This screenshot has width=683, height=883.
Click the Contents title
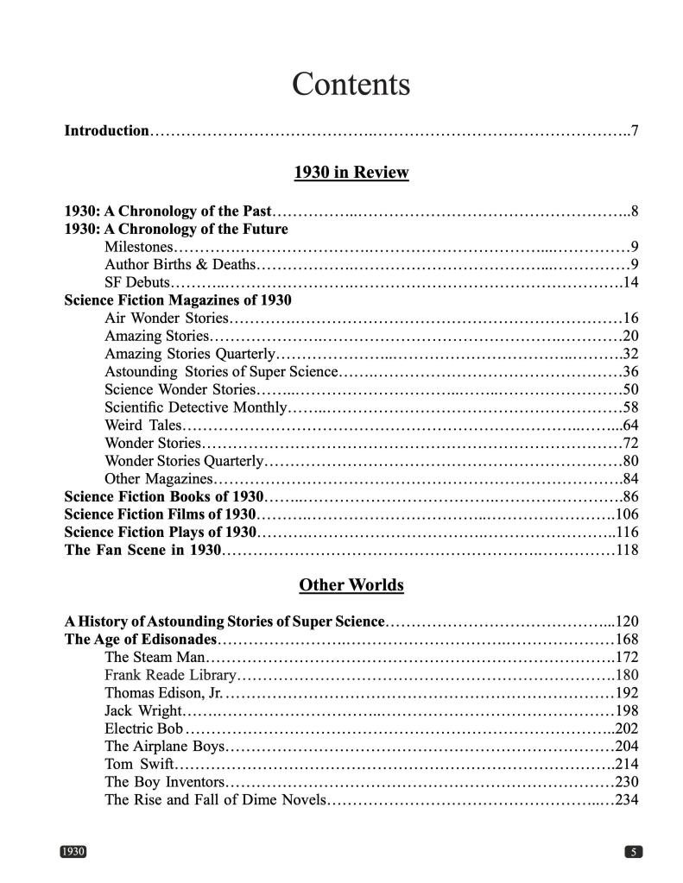pos(351,85)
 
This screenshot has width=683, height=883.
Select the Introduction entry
pos(107,131)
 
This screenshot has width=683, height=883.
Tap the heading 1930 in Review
pos(351,173)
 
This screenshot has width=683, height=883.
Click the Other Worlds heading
pos(351,585)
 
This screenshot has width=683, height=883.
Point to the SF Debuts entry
pos(137,282)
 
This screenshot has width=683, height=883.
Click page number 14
pos(630,282)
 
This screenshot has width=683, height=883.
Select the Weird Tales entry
pos(142,425)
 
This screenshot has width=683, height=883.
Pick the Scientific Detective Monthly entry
pos(195,407)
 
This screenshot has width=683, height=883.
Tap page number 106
pos(626,514)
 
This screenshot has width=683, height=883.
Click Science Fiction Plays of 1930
pos(161,532)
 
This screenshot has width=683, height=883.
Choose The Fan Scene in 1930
pos(143,550)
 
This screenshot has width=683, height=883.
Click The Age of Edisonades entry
pos(141,640)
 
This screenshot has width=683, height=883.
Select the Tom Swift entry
pos(139,764)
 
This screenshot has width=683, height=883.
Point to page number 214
pos(626,764)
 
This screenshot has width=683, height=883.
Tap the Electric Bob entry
pos(143,728)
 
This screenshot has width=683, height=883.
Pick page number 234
pos(626,799)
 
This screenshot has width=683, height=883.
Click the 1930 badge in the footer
pos(73,852)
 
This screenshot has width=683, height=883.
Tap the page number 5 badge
pos(633,852)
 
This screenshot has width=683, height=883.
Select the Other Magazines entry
pos(158,478)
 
